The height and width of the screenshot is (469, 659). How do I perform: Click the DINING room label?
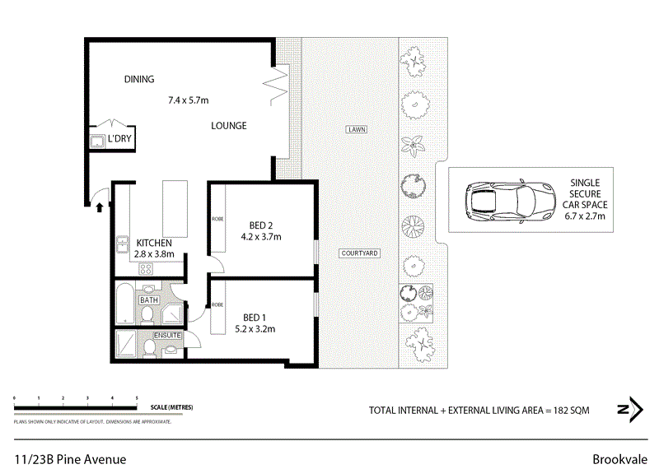(139, 79)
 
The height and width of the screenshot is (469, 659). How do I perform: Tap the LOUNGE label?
(228, 126)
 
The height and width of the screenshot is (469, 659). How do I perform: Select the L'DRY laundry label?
(119, 139)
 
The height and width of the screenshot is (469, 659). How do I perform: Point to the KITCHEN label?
(154, 243)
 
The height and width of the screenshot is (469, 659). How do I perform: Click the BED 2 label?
(261, 225)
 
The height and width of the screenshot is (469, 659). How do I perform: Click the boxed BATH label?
(148, 300)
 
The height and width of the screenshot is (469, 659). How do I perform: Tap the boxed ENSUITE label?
(166, 336)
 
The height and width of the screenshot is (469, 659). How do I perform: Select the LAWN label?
(357, 130)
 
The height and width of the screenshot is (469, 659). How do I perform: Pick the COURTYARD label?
(359, 253)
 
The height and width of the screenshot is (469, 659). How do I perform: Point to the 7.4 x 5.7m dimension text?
(189, 100)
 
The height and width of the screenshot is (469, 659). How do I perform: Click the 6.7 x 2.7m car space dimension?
(585, 216)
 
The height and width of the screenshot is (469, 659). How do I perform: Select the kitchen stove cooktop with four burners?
(144, 268)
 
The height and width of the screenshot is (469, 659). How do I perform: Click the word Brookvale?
(620, 459)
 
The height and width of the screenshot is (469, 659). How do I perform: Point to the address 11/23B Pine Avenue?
(70, 459)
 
